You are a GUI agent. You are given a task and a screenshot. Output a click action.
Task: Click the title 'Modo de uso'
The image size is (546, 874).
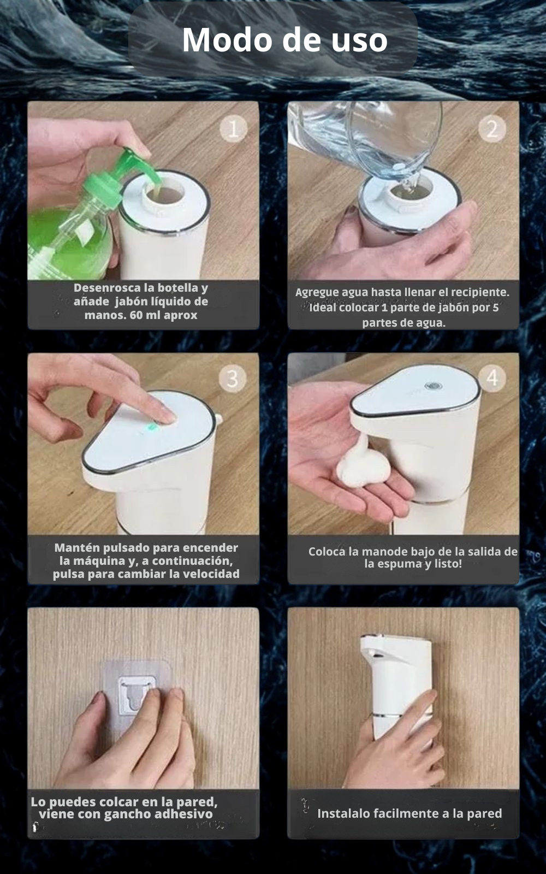pyautogui.click(x=284, y=40)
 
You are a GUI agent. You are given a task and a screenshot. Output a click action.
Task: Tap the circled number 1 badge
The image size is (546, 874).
pyautogui.click(x=233, y=129)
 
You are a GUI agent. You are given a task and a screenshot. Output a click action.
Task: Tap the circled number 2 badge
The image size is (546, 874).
pyautogui.click(x=492, y=129)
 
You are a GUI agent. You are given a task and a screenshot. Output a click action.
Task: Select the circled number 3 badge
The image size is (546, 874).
pyautogui.click(x=233, y=378)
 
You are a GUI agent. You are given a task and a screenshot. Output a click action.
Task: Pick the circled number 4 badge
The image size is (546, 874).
pyautogui.click(x=492, y=377)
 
